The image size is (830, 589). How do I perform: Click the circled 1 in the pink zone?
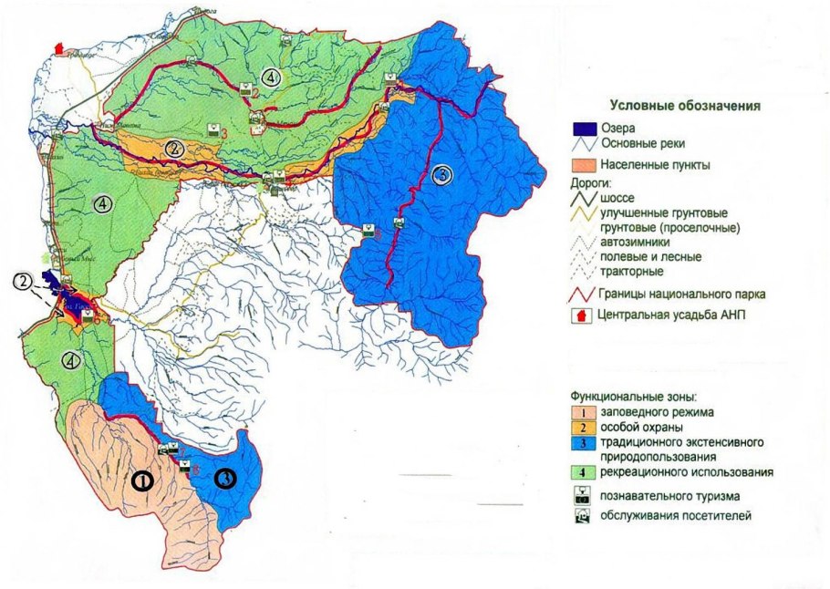click(x=142, y=480)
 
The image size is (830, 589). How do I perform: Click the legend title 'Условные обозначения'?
click(x=684, y=107)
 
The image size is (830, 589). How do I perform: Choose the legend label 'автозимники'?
click(x=635, y=242)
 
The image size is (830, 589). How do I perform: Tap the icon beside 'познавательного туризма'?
click(x=582, y=496)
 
